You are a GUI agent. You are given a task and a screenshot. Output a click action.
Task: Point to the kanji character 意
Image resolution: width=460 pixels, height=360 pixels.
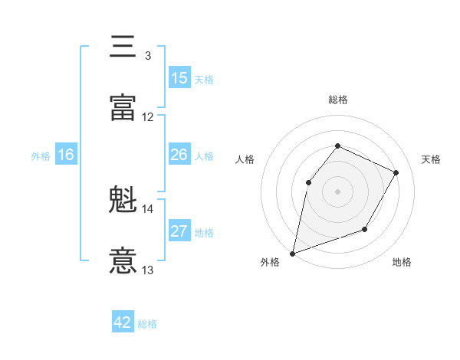[123, 260]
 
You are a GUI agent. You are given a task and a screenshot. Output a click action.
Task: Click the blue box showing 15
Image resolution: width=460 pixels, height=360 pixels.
[179, 78]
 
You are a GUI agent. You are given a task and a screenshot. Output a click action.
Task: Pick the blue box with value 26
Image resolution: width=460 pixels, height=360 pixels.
[179, 155]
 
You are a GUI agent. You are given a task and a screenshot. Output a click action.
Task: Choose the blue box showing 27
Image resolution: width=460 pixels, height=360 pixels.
[179, 231]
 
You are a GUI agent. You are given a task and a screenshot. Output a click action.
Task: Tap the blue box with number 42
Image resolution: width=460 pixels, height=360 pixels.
[123, 322]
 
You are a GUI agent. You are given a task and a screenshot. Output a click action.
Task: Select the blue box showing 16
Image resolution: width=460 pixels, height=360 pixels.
[66, 155]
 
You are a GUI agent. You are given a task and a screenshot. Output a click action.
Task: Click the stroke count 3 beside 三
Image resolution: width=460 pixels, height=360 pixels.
[147, 56]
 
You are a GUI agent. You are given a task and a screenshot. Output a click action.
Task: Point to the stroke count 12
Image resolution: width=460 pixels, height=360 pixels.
[148, 117]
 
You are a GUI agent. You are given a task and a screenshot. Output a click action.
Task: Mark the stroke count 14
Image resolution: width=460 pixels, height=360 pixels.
[148, 208]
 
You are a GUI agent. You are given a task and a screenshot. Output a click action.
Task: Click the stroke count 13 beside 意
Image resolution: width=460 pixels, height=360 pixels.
[148, 270]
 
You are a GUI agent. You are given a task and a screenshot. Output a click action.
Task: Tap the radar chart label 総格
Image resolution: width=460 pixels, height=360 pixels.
[337, 100]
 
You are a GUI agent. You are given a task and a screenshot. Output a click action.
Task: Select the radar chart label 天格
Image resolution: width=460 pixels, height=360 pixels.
[431, 159]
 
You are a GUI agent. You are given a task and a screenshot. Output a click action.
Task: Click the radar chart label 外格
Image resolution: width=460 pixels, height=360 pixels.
[270, 262]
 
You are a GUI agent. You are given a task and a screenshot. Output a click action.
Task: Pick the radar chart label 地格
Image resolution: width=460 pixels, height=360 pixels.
[402, 262]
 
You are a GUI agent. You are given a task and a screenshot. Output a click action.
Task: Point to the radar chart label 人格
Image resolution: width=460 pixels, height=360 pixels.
[245, 159]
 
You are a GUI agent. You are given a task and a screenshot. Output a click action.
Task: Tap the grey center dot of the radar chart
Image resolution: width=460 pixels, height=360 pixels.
[337, 191]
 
